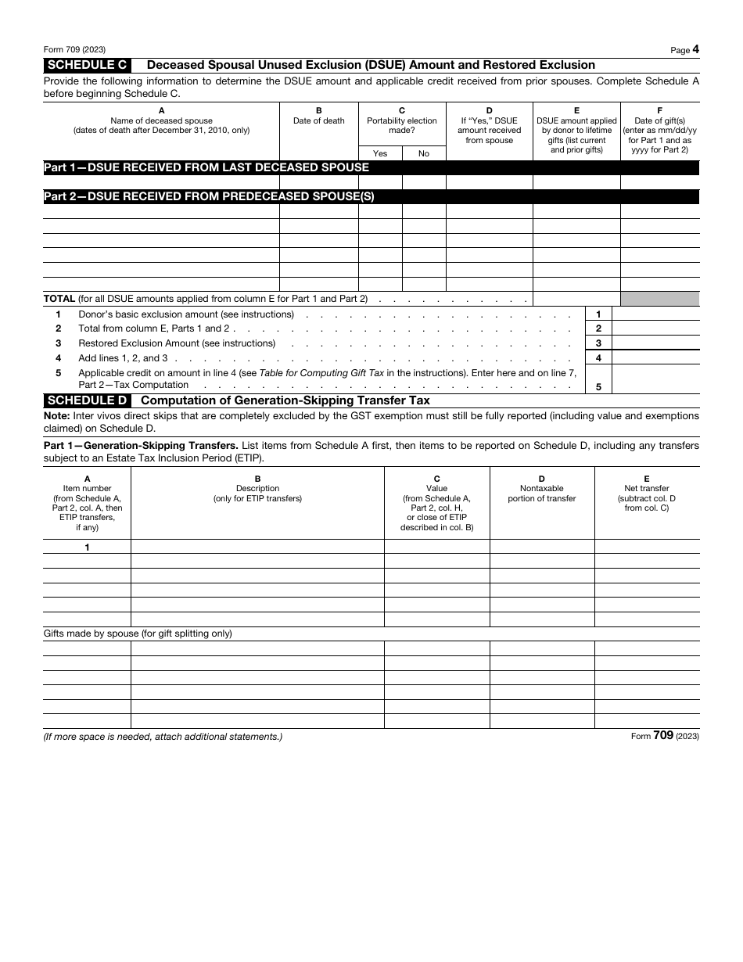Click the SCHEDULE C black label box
coord(87,65)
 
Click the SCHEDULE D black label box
coord(87,400)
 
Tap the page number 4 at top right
coord(695,49)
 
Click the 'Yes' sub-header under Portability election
coord(380,153)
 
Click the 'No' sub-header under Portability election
coord(424,153)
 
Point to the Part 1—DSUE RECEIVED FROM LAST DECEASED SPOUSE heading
coord(206,167)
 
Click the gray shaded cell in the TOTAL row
coord(659,299)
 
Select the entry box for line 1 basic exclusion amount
coord(655,314)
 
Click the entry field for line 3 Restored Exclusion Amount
coord(655,343)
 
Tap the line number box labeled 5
coord(598,386)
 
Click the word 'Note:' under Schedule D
coord(56,416)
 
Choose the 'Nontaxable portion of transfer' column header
coord(541,494)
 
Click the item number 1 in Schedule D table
coord(87,547)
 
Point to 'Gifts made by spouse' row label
coord(138,634)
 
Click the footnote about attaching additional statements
coord(163,737)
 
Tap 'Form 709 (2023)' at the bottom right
coord(664,736)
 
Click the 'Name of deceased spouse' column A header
coord(161,120)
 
